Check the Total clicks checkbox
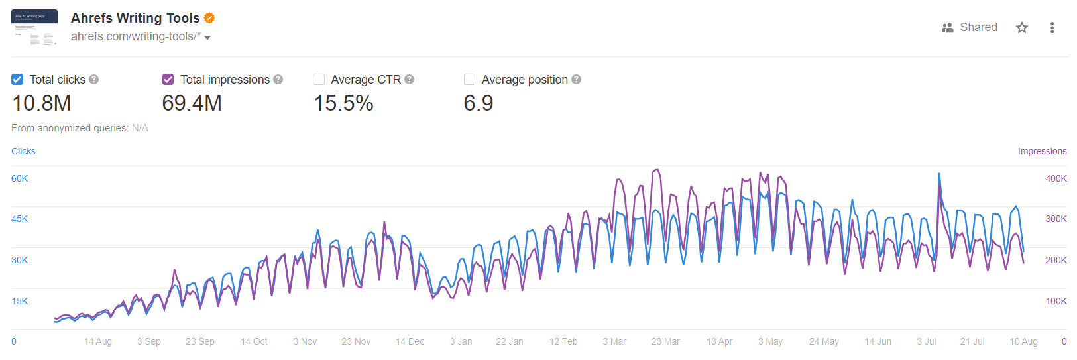pyautogui.click(x=17, y=80)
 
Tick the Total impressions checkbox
pyautogui.click(x=168, y=80)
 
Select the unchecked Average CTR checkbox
pyautogui.click(x=319, y=80)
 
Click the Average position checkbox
pyautogui.click(x=470, y=80)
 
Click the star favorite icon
pyautogui.click(x=1022, y=27)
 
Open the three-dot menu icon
pyautogui.click(x=1052, y=27)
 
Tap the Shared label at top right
pyautogui.click(x=978, y=27)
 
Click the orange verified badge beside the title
pyautogui.click(x=209, y=18)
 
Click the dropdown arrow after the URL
pyautogui.click(x=207, y=38)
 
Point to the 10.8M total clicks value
pyautogui.click(x=42, y=103)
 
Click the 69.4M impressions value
pyautogui.click(x=192, y=103)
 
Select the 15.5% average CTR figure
pyautogui.click(x=343, y=103)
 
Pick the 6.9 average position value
pyautogui.click(x=479, y=103)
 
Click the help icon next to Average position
pyautogui.click(x=577, y=80)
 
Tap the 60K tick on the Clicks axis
pyautogui.click(x=20, y=178)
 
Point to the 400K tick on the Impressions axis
pyautogui.click(x=1056, y=178)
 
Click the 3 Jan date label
pyautogui.click(x=461, y=341)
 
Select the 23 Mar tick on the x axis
pyautogui.click(x=665, y=341)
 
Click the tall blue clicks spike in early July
pyautogui.click(x=939, y=175)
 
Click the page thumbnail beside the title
pyautogui.click(x=34, y=27)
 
